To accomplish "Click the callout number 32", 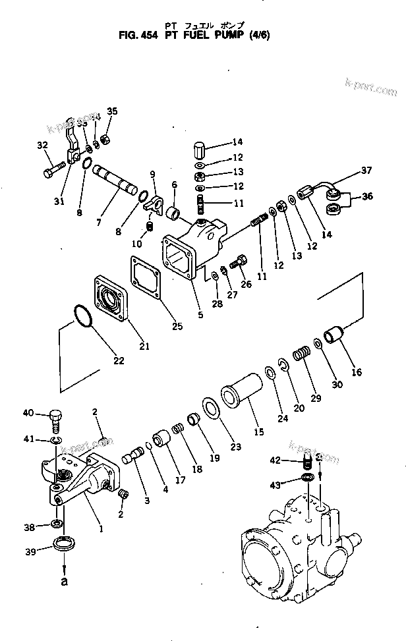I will point(42,146).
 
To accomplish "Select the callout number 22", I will point(118,360).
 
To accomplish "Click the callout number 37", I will point(366,172).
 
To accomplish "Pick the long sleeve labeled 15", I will point(241,403).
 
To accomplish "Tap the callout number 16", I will point(357,372).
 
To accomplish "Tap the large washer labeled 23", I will point(212,408).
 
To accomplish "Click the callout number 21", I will point(144,346).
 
